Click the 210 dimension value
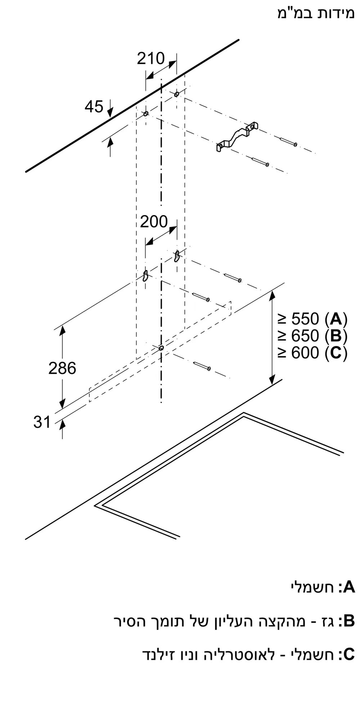click(x=150, y=58)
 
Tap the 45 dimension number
click(x=94, y=107)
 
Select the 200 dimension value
click(x=154, y=221)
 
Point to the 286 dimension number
click(x=62, y=368)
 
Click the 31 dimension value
click(x=42, y=422)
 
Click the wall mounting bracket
click(x=237, y=137)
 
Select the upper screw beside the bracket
click(x=288, y=142)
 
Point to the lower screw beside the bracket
click(x=260, y=162)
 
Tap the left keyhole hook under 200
click(x=145, y=275)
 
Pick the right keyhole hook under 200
click(x=177, y=256)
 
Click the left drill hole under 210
click(x=146, y=114)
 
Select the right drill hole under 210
click(x=176, y=94)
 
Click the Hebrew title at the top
click(x=316, y=14)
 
